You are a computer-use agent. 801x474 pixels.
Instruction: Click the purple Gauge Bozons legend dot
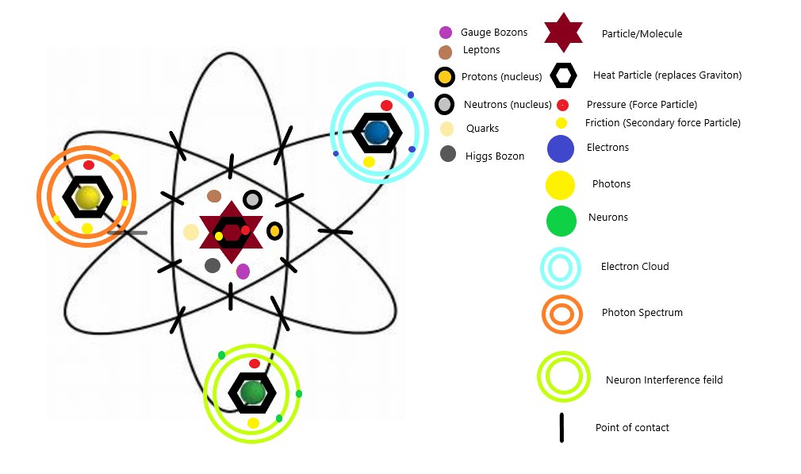tap(446, 33)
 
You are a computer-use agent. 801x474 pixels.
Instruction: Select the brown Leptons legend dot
tap(445, 52)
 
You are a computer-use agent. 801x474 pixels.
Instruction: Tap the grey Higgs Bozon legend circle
tap(448, 154)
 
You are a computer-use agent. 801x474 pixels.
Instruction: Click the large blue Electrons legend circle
tap(561, 148)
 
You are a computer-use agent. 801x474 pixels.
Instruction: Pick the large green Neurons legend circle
tap(561, 221)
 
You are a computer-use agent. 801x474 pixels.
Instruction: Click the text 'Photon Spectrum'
tap(642, 313)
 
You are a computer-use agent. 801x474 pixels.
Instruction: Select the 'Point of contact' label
tap(632, 428)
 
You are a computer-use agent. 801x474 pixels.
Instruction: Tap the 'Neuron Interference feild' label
tap(664, 380)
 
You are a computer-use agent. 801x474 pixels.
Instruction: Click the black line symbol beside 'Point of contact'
tap(561, 427)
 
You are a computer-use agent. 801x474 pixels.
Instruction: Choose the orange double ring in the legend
tap(561, 314)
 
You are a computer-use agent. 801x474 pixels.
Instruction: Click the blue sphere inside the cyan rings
tap(377, 132)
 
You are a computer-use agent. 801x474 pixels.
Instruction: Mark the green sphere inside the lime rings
tap(253, 391)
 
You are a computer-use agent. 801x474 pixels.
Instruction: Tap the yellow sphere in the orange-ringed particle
tap(87, 197)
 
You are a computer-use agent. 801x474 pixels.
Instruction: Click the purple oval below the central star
tap(243, 271)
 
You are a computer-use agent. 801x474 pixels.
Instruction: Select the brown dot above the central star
tap(213, 195)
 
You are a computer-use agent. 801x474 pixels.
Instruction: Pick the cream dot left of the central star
tap(191, 232)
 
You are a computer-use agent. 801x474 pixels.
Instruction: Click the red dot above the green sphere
tap(255, 364)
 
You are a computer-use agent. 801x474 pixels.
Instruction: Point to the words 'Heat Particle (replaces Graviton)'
tap(667, 75)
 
